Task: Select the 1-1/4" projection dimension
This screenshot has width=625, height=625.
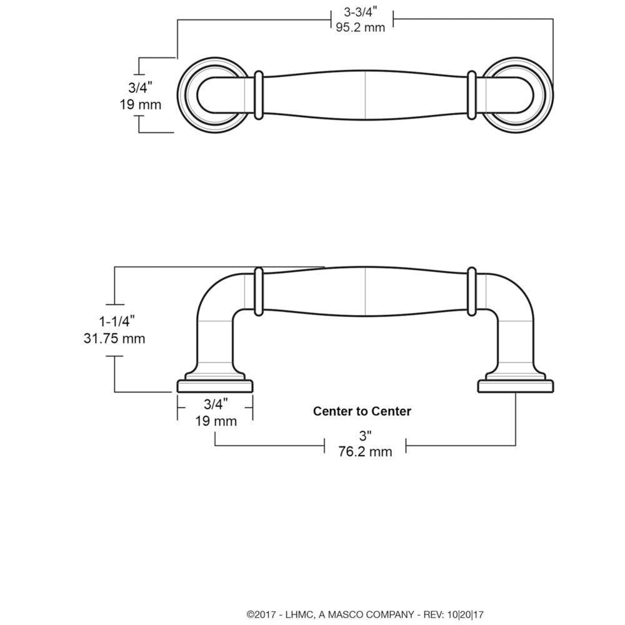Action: click(x=113, y=321)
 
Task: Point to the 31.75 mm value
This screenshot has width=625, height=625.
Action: click(x=114, y=339)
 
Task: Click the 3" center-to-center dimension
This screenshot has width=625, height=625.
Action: click(x=365, y=435)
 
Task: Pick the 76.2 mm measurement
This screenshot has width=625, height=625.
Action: click(x=365, y=451)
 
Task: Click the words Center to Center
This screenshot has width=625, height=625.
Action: click(x=362, y=411)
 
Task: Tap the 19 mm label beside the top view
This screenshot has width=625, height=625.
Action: click(x=140, y=104)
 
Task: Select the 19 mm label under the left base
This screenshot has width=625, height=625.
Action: click(x=216, y=421)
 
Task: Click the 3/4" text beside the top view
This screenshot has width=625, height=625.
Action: click(x=140, y=87)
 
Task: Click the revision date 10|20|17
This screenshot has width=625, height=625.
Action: click(x=466, y=614)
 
